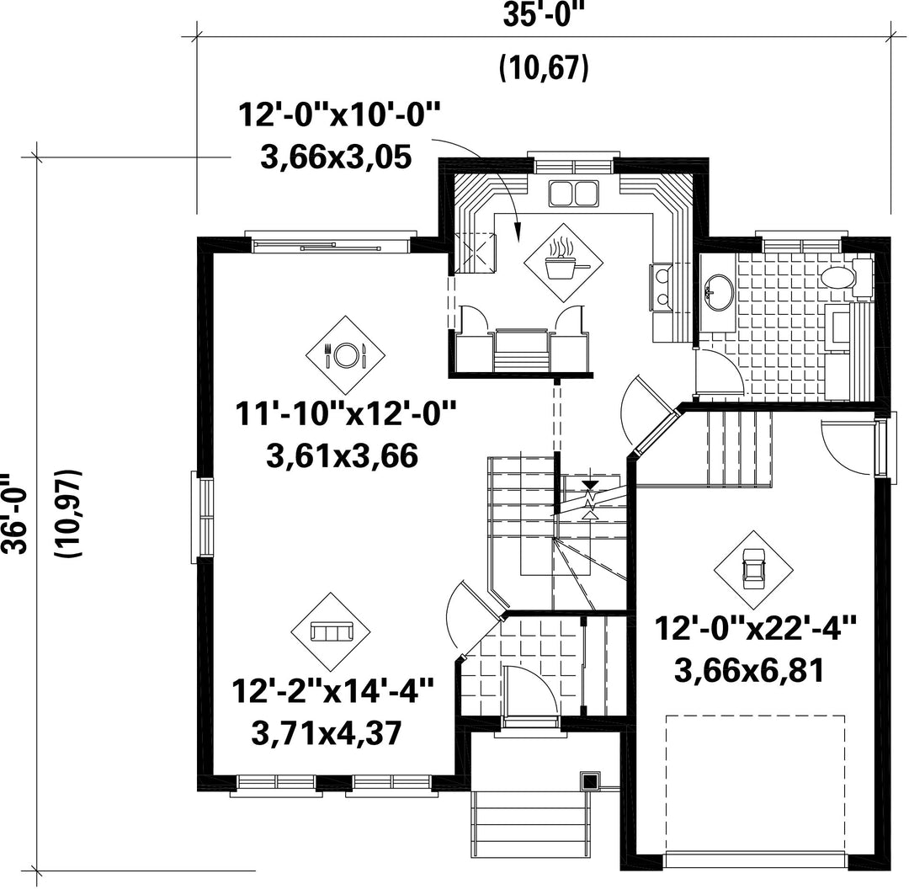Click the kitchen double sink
click(573, 193)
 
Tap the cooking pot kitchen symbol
click(563, 263)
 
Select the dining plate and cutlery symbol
click(346, 355)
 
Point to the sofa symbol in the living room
click(331, 631)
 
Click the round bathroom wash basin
click(718, 293)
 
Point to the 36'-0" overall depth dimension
click(15, 513)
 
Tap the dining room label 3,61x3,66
click(342, 456)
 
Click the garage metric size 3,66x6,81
click(749, 673)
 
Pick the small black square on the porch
click(590, 781)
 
